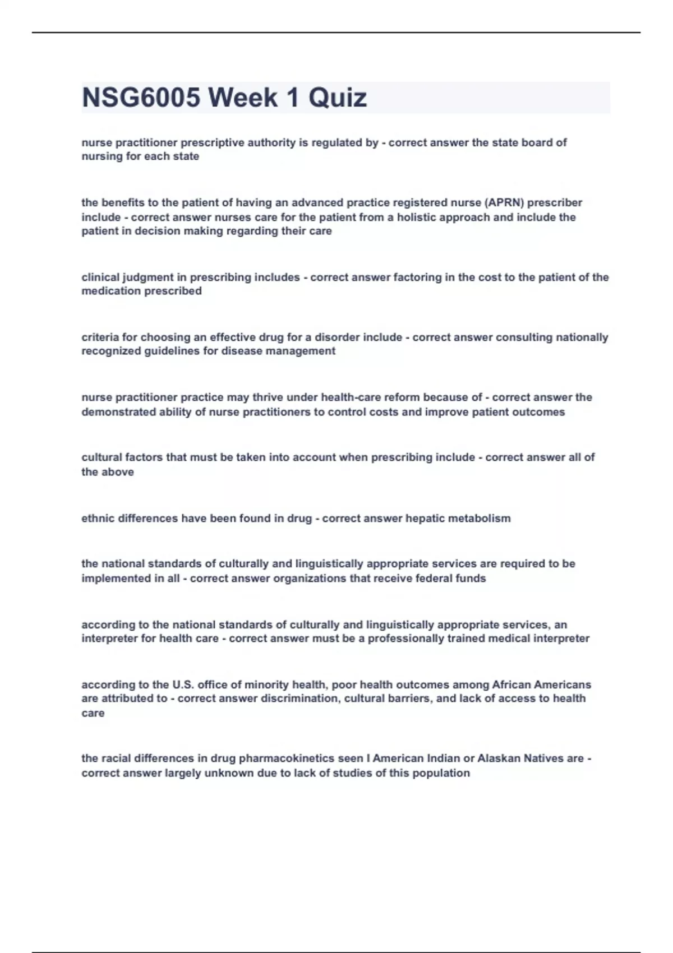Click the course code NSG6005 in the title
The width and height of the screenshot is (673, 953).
141,98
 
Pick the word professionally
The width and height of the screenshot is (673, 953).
405,639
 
